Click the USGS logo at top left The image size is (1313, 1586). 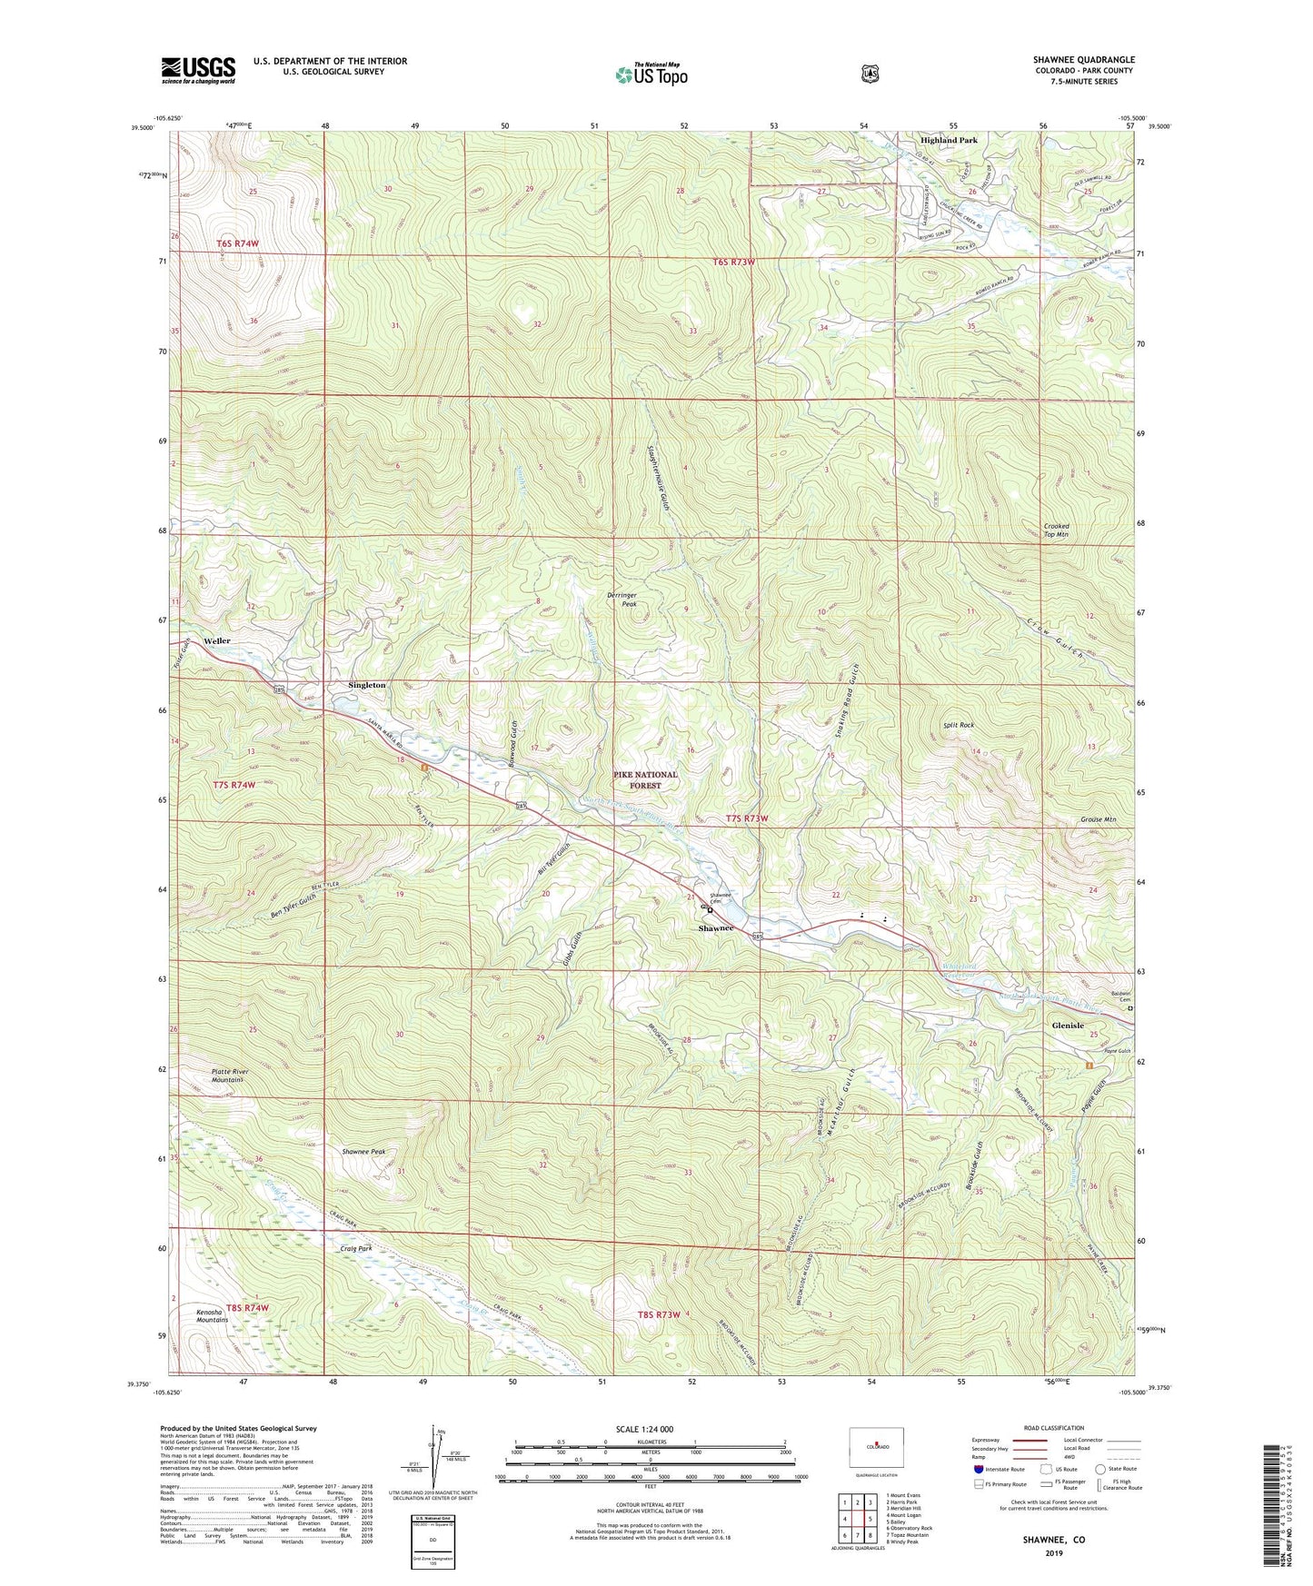pyautogui.click(x=198, y=69)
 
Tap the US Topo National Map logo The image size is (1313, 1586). pyautogui.click(x=650, y=74)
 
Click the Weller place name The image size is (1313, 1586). pyautogui.click(x=217, y=640)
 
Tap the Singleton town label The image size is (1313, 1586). pyautogui.click(x=367, y=685)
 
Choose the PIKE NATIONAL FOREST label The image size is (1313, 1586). pyautogui.click(x=645, y=779)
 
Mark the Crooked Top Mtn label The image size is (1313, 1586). pyautogui.click(x=1056, y=530)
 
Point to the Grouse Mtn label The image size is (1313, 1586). pyautogui.click(x=1098, y=819)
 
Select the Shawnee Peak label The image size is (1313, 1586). pyautogui.click(x=363, y=1152)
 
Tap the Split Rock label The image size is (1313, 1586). pyautogui.click(x=958, y=725)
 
